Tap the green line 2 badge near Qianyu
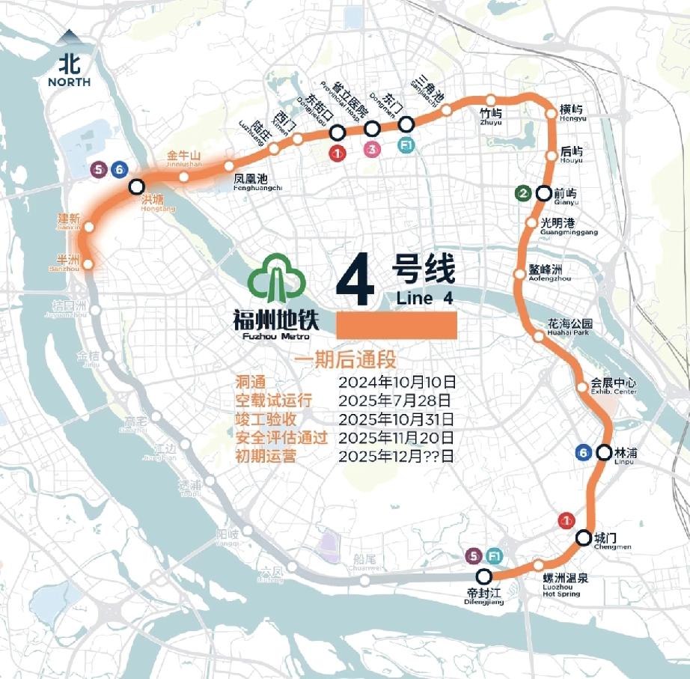[x=525, y=194]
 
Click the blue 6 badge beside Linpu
[x=584, y=452]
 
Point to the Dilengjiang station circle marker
[x=484, y=576]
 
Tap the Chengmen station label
[x=607, y=541]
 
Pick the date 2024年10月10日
[x=397, y=382]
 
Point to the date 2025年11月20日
[x=397, y=438]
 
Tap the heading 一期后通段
[x=344, y=360]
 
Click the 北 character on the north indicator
[x=70, y=61]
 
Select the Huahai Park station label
[x=570, y=328]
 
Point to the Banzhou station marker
[x=88, y=264]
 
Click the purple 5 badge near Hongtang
[x=99, y=170]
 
